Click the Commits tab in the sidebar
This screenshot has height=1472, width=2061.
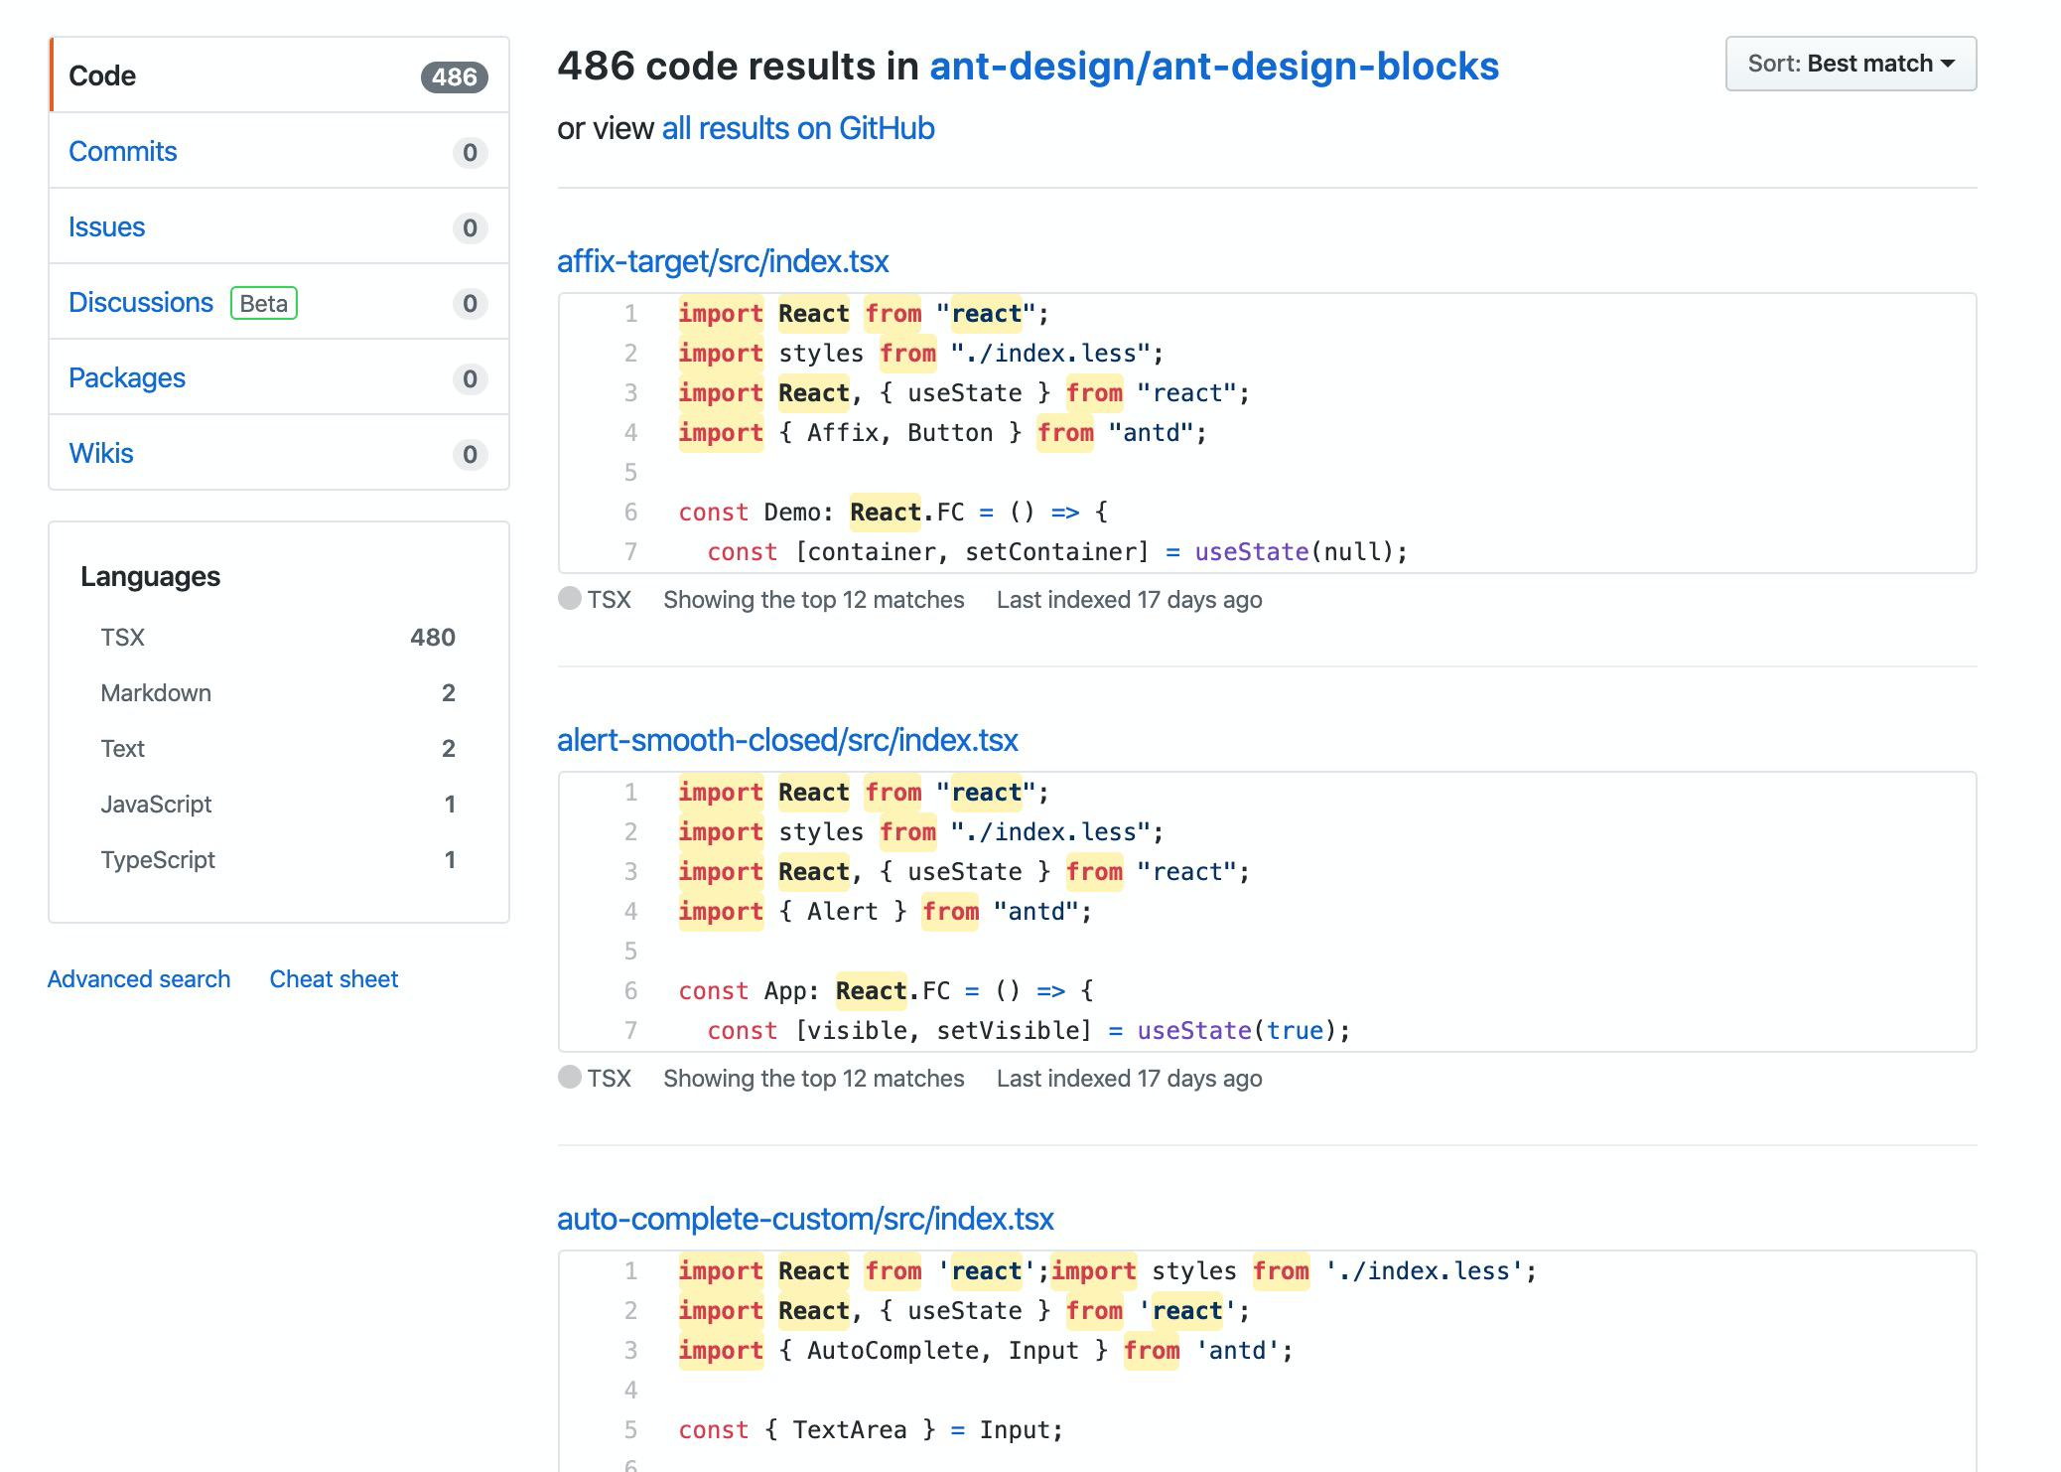pyautogui.click(x=123, y=151)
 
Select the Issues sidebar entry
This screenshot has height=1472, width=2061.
pyautogui.click(x=106, y=226)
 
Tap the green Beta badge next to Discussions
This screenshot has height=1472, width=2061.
pyautogui.click(x=263, y=303)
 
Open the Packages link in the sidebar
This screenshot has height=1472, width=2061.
pyautogui.click(x=127, y=377)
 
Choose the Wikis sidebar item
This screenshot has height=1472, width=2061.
pyautogui.click(x=101, y=453)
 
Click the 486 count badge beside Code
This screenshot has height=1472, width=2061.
pyautogui.click(x=454, y=76)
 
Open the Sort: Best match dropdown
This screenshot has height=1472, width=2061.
pyautogui.click(x=1850, y=64)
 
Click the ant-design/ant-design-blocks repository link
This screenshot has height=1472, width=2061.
pyautogui.click(x=1213, y=66)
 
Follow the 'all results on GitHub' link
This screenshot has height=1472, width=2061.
pyautogui.click(x=797, y=128)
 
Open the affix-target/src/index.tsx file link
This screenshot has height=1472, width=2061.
pyautogui.click(x=722, y=260)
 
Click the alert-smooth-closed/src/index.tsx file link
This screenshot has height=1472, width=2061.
pyautogui.click(x=787, y=739)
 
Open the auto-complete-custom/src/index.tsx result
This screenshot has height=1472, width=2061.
pyautogui.click(x=805, y=1218)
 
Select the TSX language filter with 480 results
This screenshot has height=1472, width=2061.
pyautogui.click(x=123, y=637)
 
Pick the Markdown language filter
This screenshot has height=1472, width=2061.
pyautogui.click(x=156, y=692)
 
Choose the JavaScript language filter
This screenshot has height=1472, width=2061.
pyautogui.click(x=156, y=804)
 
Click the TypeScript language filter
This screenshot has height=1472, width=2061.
pyautogui.click(x=158, y=859)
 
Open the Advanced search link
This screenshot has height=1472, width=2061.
pyautogui.click(x=139, y=978)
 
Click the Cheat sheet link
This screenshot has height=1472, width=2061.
pyautogui.click(x=334, y=978)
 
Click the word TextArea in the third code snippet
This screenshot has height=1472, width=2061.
pyautogui.click(x=849, y=1429)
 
